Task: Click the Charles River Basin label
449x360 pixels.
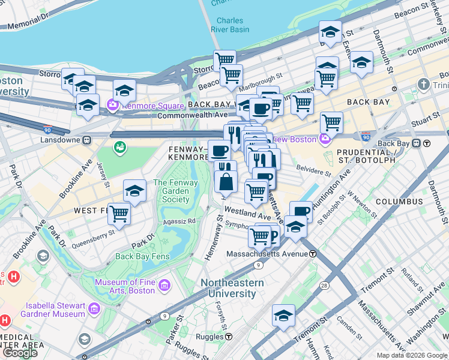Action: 230,25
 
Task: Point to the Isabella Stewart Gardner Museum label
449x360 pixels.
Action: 53,310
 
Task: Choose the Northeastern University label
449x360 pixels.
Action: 232,288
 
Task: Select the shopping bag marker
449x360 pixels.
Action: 226,181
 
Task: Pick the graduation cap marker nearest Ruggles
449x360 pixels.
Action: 283,316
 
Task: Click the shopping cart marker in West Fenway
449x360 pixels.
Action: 119,213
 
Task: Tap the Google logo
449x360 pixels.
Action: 20,353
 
